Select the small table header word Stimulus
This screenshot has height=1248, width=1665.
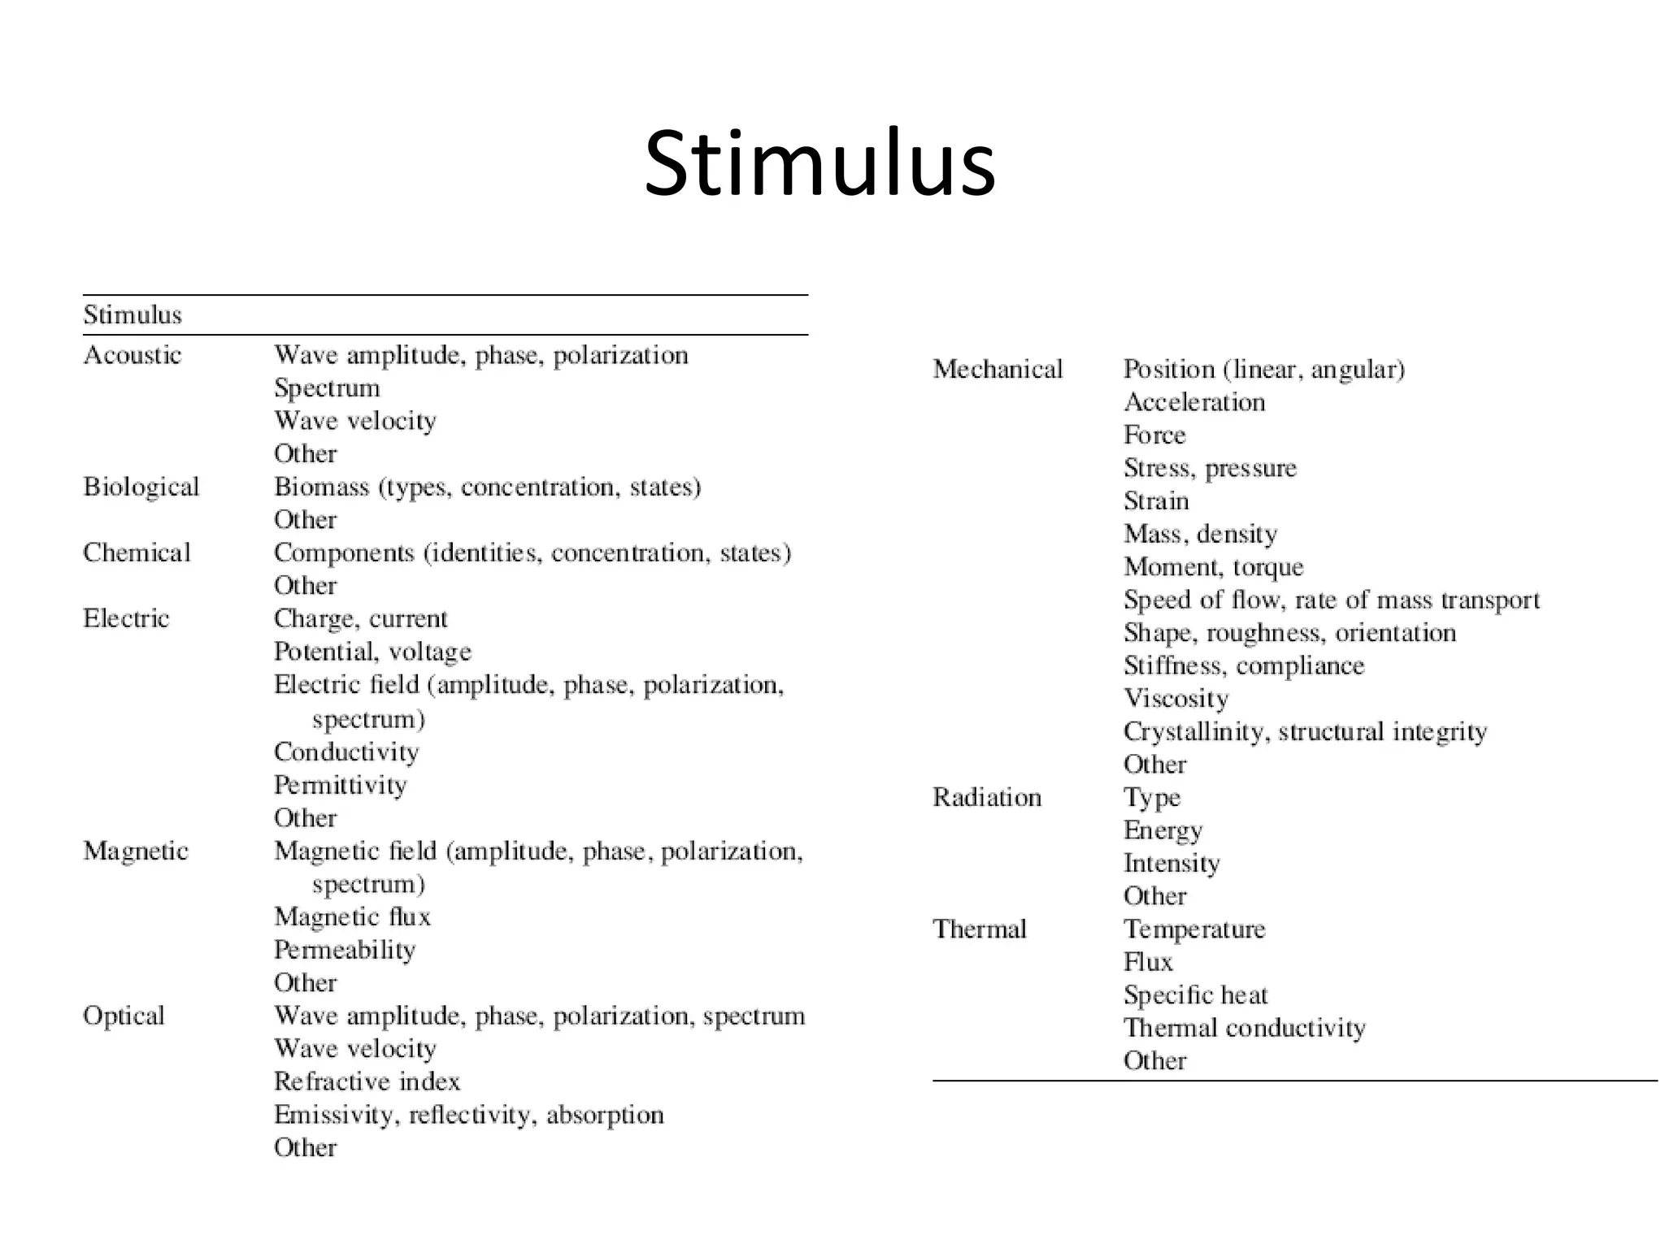coord(133,314)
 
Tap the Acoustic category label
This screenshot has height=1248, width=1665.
coord(133,355)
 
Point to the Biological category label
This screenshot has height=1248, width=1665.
coord(141,487)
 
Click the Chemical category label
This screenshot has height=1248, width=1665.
coord(137,552)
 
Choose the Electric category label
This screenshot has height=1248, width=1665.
coord(126,618)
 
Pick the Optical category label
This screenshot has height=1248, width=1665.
coord(124,1016)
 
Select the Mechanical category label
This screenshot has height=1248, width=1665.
coord(998,369)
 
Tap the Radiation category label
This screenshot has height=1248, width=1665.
coord(987,797)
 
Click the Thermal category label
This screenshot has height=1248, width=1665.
coord(980,929)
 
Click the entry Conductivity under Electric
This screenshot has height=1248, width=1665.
coord(346,752)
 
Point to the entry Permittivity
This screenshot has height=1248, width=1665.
coord(341,785)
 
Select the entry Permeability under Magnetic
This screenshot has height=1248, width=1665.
coord(345,950)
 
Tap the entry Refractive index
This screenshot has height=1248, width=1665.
coord(367,1081)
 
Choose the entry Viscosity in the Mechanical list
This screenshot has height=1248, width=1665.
coord(1176,698)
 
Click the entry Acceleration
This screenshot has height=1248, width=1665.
coord(1194,402)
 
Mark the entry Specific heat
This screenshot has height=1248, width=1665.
coord(1195,994)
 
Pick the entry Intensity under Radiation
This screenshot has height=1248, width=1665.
coord(1172,863)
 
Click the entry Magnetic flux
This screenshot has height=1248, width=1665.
coord(352,916)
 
